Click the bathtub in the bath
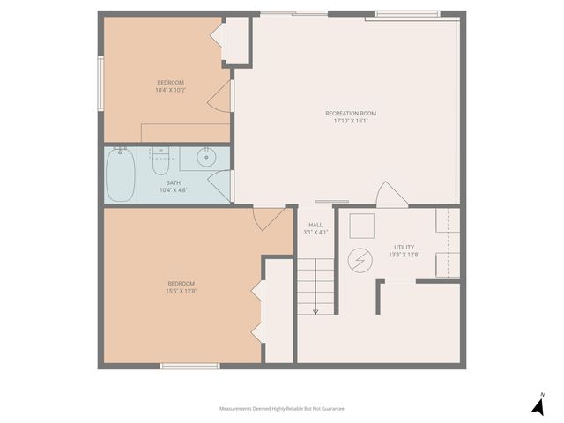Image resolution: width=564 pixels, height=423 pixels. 121,174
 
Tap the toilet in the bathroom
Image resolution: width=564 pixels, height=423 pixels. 160,162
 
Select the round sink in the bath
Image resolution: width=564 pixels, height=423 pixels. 206,159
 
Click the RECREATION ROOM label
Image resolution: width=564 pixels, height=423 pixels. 350,114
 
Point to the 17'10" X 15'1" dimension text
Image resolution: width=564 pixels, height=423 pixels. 350,122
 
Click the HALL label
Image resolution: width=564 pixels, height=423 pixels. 315,225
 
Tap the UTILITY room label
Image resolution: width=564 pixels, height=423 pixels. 404,247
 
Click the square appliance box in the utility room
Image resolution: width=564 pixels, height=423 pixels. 361,226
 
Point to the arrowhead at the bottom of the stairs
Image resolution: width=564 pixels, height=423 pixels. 315,310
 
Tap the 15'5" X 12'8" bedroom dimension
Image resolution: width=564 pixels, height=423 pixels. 181,291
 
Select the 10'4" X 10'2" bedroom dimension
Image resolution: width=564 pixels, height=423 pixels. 170,90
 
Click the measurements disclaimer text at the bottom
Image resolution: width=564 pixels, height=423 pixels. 281,409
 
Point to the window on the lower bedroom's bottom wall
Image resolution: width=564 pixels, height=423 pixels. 189,366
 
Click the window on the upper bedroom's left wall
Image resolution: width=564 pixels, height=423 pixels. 100,82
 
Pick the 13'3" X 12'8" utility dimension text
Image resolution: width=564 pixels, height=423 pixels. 404,255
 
